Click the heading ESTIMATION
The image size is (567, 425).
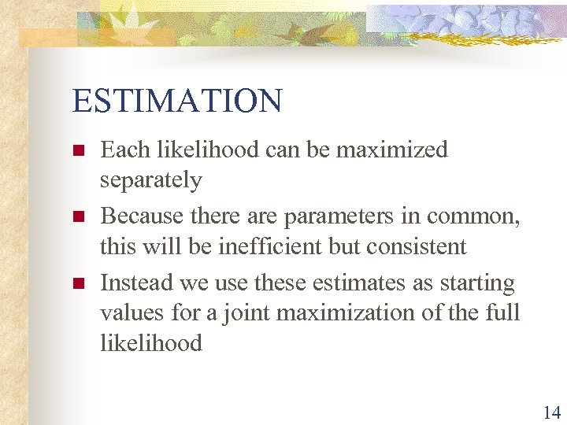point(176,102)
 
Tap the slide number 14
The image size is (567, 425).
point(550,412)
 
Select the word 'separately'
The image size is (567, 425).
point(150,181)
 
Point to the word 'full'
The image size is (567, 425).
point(504,313)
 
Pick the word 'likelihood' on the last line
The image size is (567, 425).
point(150,343)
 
